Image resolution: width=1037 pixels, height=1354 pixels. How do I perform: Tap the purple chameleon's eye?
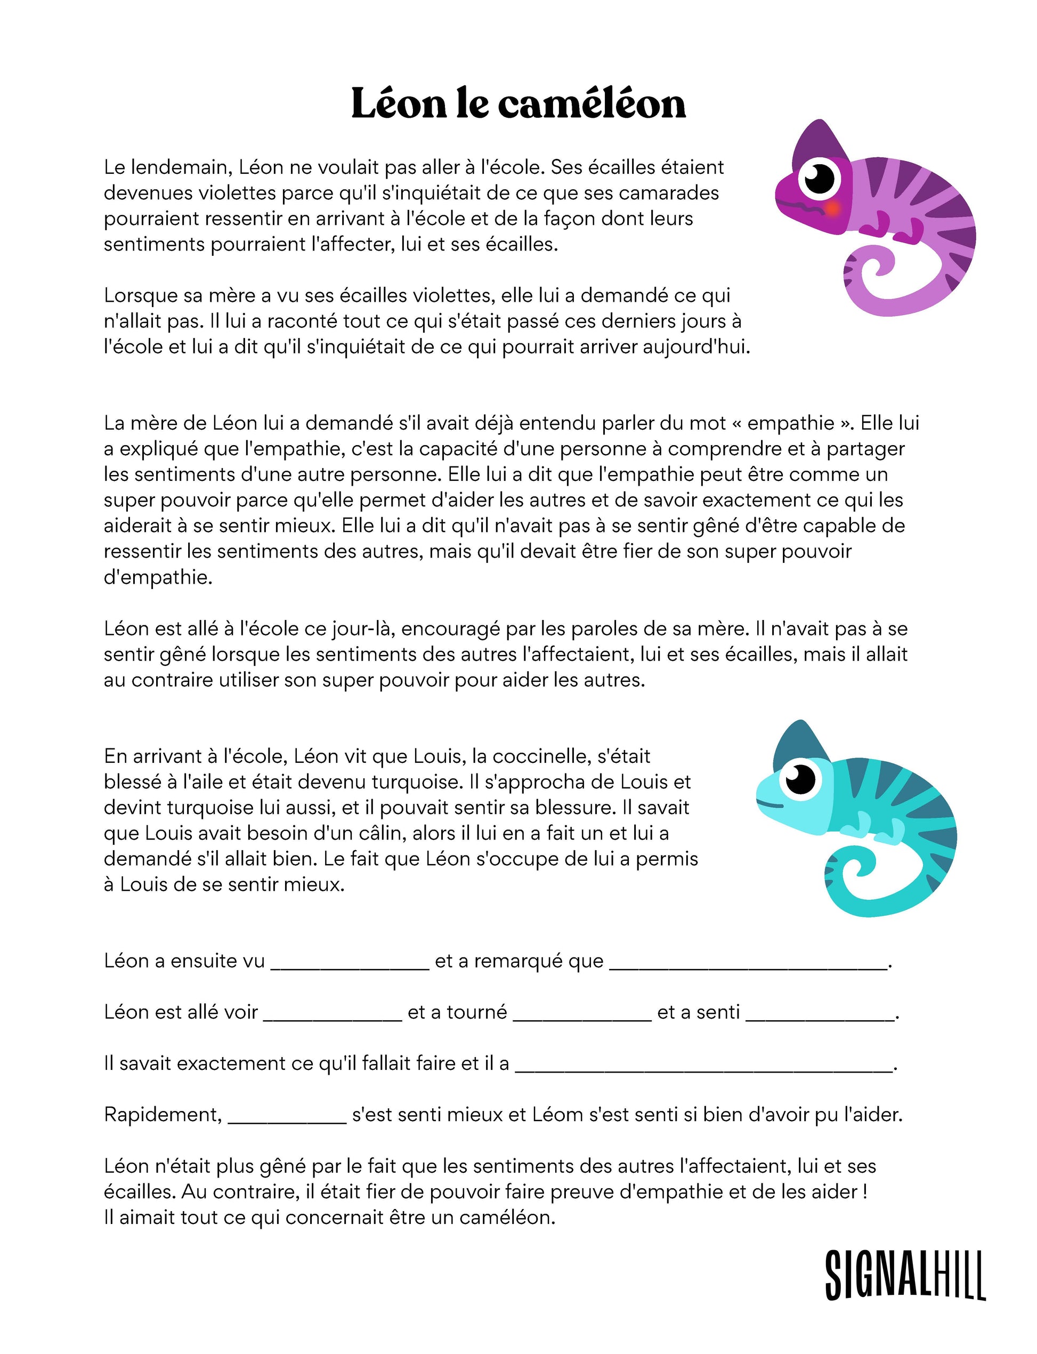[819, 179]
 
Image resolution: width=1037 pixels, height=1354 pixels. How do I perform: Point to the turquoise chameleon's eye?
[800, 779]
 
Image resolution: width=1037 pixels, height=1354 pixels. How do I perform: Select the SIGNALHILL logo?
[904, 1275]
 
